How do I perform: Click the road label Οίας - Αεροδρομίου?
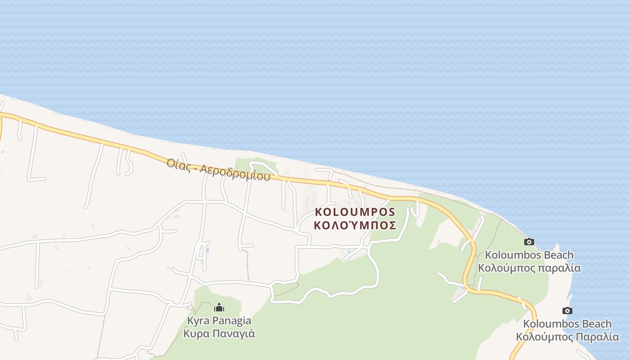point(218,169)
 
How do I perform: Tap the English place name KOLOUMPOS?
point(355,212)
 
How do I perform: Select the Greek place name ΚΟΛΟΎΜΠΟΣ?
point(355,225)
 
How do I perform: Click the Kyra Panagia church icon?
point(219,308)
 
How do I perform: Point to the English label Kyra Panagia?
point(219,321)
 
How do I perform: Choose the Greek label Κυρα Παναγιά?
point(219,334)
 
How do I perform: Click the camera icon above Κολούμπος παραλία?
point(529,242)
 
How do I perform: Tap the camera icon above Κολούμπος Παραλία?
point(567,310)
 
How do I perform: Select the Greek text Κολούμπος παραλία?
point(529,268)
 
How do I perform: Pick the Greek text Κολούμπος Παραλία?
point(567,337)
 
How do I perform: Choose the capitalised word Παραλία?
point(598,337)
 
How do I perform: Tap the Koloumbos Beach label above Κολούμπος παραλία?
point(529,255)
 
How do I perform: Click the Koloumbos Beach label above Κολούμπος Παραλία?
point(567,324)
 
